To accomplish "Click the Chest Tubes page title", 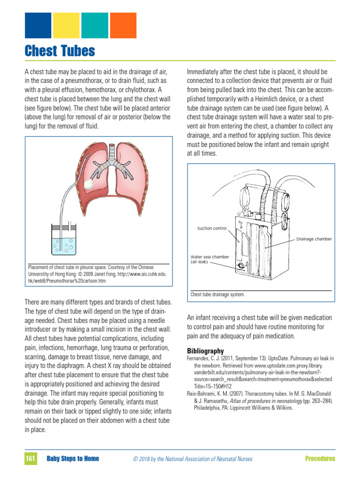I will [60, 51].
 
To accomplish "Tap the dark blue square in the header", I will [37, 25].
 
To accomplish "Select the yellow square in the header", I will [66, 25].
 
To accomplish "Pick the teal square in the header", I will [95, 25].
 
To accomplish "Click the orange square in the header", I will [123, 25].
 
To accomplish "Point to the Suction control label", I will [212, 228].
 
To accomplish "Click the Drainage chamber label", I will [314, 239].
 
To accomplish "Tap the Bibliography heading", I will [205, 351].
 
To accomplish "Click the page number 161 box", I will [30, 458].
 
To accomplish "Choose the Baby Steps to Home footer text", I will [73, 458].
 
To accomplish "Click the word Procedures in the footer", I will [320, 458].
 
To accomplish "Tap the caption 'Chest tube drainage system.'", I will [217, 295].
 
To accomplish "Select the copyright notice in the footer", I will [193, 459].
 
